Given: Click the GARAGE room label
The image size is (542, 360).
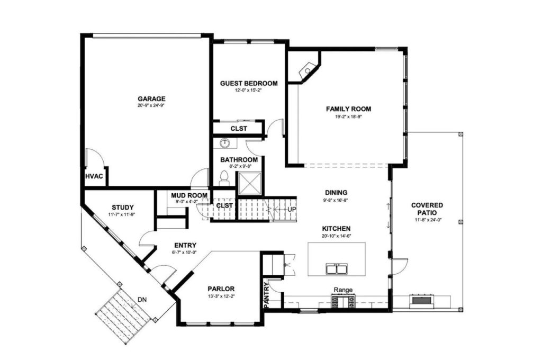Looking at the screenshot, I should click(151, 98).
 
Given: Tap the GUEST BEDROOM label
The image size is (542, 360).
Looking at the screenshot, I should click(248, 83).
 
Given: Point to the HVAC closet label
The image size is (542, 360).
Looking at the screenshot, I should click(94, 176).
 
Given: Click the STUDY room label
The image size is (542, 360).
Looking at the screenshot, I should click(122, 207).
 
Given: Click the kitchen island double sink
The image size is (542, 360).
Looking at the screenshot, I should click(337, 269).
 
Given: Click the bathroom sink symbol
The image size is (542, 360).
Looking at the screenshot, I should click(224, 142).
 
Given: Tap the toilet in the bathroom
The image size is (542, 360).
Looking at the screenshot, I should click(223, 177).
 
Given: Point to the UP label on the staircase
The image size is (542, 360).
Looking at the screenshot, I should click(291, 210).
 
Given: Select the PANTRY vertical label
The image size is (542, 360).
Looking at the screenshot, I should click(266, 295).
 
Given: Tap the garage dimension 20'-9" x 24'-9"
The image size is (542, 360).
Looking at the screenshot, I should click(151, 106).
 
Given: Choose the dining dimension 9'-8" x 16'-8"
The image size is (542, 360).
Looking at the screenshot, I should click(336, 200).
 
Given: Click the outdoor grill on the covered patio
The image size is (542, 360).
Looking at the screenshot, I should click(421, 301).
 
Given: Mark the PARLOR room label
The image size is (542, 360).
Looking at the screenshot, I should click(221, 289).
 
